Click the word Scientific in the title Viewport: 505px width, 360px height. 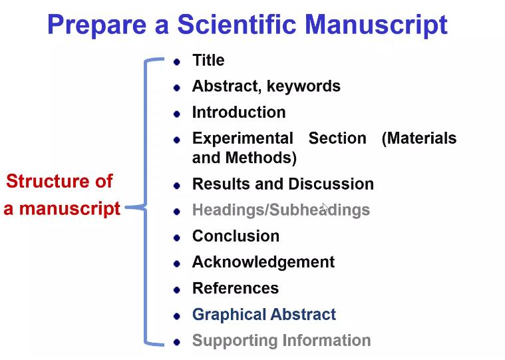pyautogui.click(x=237, y=25)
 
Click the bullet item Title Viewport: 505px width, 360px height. pyautogui.click(x=208, y=60)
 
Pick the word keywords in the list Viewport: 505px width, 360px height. pyautogui.click(x=303, y=87)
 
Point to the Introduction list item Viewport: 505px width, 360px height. pyautogui.click(x=239, y=112)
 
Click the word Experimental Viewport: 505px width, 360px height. pyautogui.click(x=242, y=139)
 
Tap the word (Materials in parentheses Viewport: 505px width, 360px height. pyautogui.click(x=419, y=139)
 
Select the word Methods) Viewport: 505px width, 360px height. pyautogui.click(x=261, y=158)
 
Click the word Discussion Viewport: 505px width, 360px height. pyautogui.click(x=331, y=184)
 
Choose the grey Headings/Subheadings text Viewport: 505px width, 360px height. pyautogui.click(x=281, y=210)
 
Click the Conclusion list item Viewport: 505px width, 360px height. pyautogui.click(x=236, y=236)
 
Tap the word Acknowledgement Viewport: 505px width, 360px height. pyautogui.click(x=263, y=262)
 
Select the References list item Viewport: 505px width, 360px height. pyautogui.click(x=236, y=288)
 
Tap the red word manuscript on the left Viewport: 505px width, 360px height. pyautogui.click(x=70, y=209)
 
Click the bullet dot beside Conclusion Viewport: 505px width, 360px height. pyautogui.click(x=176, y=238)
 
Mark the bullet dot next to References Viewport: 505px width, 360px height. pyautogui.click(x=176, y=290)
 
